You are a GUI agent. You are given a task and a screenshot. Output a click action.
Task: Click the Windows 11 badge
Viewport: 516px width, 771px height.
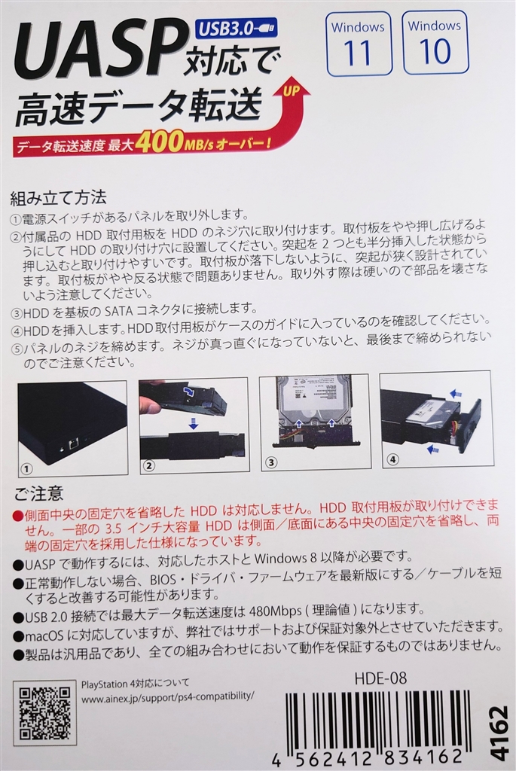click(359, 43)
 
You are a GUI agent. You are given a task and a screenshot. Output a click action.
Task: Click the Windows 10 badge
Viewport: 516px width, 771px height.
click(435, 42)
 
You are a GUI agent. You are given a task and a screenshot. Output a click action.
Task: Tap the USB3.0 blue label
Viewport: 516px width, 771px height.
click(235, 29)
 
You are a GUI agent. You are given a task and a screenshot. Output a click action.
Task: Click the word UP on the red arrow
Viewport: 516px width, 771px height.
click(292, 92)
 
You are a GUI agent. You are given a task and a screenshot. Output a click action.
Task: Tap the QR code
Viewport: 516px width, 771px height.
click(44, 712)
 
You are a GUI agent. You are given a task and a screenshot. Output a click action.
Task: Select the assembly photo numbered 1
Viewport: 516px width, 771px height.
click(72, 426)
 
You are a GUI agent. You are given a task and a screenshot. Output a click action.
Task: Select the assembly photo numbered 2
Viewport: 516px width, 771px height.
click(192, 426)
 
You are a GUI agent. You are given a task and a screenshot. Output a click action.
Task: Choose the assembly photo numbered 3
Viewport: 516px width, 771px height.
click(314, 422)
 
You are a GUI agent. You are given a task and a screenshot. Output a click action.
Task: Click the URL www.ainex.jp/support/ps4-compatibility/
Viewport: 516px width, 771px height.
click(167, 697)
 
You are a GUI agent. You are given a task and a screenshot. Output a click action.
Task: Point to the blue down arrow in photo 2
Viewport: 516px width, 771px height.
click(193, 425)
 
